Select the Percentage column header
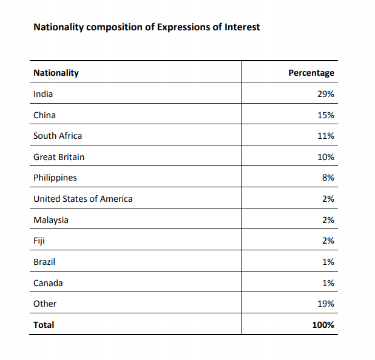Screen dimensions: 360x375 coord(311,73)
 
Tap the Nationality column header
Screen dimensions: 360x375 coord(56,73)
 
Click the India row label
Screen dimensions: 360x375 coord(43,94)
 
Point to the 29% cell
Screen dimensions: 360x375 coord(326,94)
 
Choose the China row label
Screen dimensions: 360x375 coord(44,115)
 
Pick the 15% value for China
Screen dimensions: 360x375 coord(326,115)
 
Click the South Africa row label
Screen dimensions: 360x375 coord(58,136)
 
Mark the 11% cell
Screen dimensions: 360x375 coord(326,136)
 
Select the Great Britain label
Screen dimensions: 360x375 coord(59,157)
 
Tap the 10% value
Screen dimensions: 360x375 coord(326,157)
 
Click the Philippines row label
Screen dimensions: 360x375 coord(55,178)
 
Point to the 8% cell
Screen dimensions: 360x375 coord(328,178)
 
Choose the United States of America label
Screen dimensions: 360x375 coord(83,199)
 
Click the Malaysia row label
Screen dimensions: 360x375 coord(51,220)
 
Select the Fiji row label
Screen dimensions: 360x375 coord(39,241)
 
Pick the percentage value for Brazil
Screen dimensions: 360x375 coord(328,262)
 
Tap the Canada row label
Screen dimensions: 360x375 coord(48,283)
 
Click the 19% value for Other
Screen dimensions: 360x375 coord(326,304)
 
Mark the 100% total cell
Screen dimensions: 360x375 coord(323,325)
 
